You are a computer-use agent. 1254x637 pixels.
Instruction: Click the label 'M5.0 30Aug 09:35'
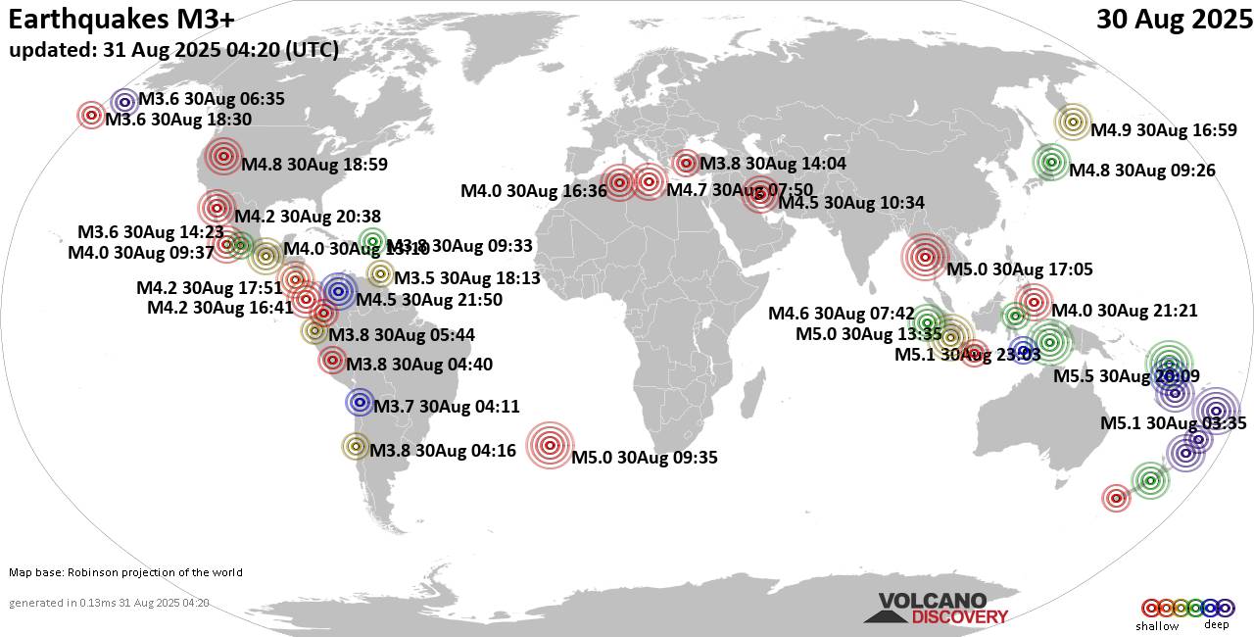pos(645,457)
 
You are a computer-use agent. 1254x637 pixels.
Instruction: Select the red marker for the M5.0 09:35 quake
pos(548,446)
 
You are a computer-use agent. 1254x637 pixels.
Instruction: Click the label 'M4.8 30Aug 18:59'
pos(314,165)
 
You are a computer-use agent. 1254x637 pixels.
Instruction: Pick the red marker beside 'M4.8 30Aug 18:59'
pos(223,155)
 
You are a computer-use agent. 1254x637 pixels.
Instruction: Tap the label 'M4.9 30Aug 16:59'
pos(1164,130)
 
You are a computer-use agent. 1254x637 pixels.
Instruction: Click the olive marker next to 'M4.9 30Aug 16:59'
pos(1073,122)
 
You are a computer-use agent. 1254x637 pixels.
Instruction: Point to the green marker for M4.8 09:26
pos(1051,162)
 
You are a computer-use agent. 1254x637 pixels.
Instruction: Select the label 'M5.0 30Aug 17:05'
pos(1019,269)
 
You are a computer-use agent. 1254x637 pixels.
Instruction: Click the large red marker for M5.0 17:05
pos(924,258)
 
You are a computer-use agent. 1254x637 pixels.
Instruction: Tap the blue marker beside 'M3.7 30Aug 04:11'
pos(360,402)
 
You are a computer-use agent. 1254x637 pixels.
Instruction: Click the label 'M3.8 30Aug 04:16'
pos(443,451)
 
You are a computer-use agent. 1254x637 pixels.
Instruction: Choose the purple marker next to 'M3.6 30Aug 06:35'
pos(124,101)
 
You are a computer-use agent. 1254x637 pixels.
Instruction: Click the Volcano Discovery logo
pos(936,609)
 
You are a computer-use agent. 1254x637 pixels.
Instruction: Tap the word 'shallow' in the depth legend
pos(1157,625)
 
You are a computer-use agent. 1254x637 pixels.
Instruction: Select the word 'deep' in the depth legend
pos(1216,624)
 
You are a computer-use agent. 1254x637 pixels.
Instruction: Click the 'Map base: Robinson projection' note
pos(125,572)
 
